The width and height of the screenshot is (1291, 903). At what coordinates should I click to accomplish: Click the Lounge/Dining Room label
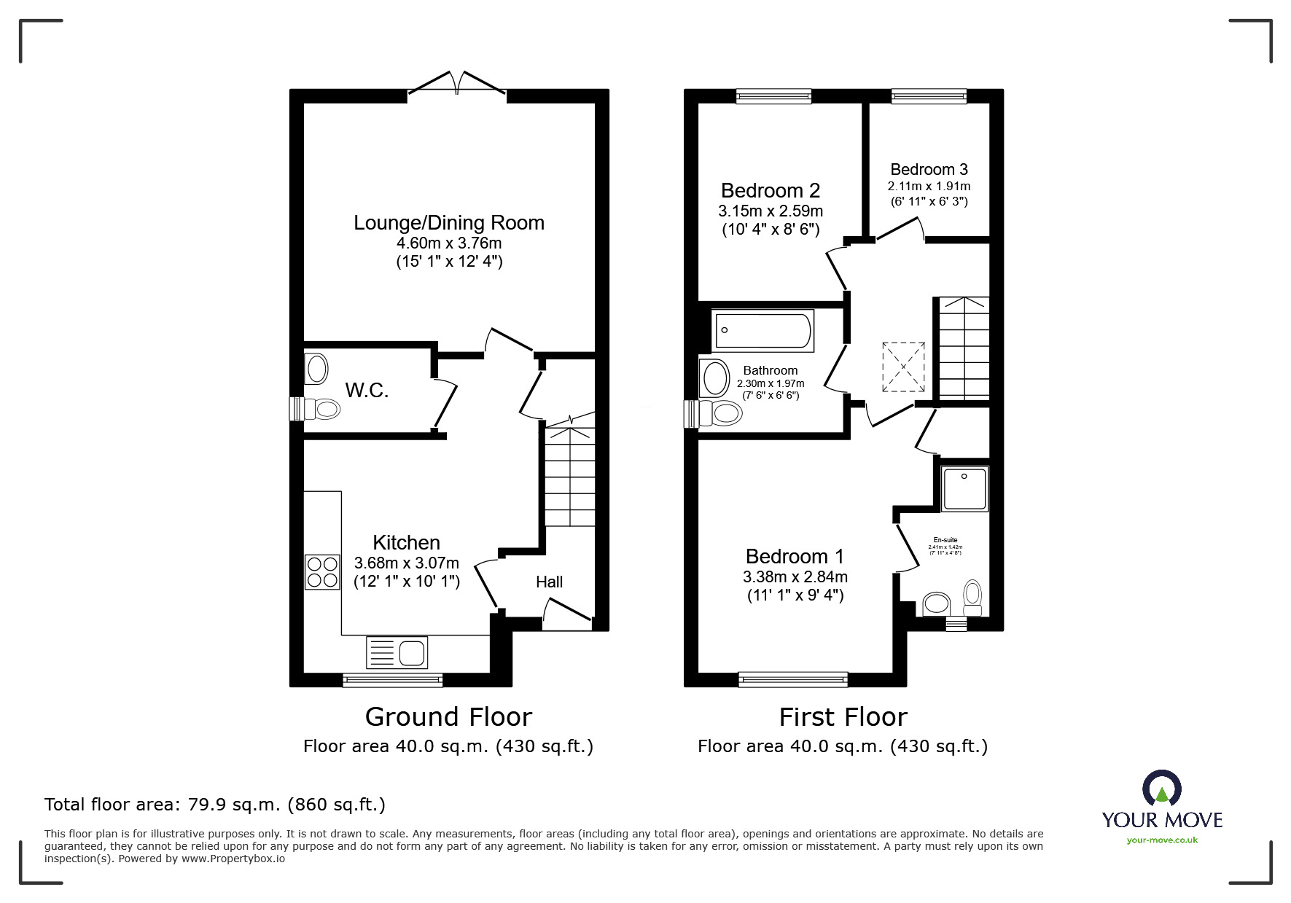(449, 222)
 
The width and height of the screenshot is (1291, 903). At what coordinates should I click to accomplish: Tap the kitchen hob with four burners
(322, 572)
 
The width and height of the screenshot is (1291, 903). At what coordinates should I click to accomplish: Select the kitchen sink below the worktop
(397, 652)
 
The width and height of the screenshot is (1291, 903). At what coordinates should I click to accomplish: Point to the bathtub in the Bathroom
(763, 331)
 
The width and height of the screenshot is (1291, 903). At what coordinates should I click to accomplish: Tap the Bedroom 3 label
(929, 170)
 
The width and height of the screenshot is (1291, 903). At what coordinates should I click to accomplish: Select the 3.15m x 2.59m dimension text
(771, 211)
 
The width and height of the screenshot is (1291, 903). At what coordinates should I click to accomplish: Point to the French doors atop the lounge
(457, 83)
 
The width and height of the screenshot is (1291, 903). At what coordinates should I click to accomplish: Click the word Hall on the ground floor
(549, 582)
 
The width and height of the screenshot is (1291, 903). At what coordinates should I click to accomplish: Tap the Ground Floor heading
(448, 717)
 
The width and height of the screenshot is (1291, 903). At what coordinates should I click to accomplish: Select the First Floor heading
(843, 717)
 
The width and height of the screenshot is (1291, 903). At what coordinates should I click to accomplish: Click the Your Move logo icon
(1161, 789)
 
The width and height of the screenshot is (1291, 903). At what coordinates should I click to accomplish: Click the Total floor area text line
(215, 805)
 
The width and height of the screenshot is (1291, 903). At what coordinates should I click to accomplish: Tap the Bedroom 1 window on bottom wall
(793, 679)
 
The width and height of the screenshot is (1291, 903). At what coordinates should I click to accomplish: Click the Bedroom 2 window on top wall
(773, 95)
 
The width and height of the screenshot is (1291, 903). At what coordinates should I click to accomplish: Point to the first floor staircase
(963, 348)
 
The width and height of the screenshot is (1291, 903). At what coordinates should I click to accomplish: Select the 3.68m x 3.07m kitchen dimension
(407, 563)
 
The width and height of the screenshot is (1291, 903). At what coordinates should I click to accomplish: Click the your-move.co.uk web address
(1162, 840)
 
